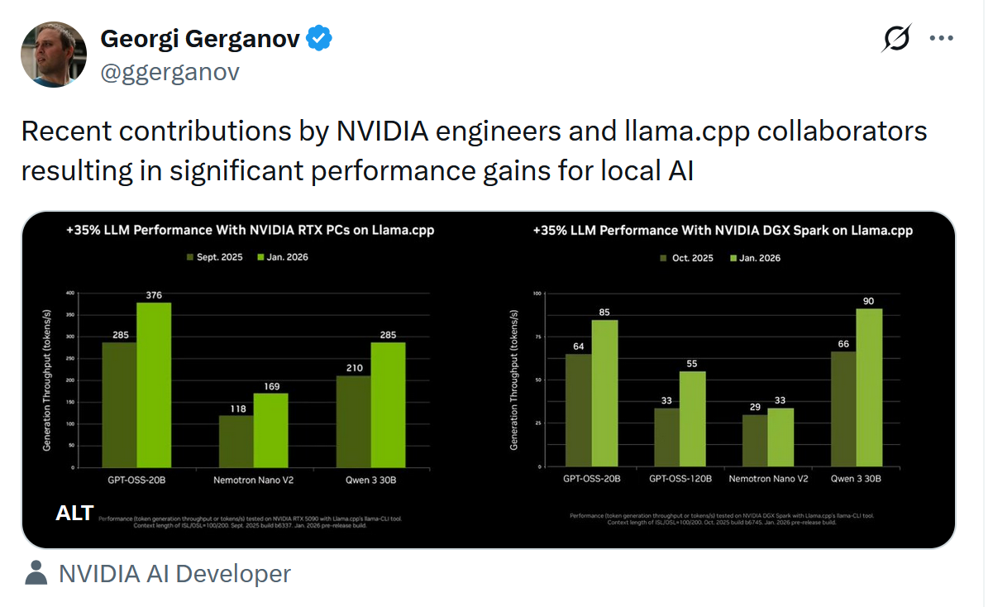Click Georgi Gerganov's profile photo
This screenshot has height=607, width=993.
coord(54,55)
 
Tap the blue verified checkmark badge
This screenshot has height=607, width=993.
coord(320,38)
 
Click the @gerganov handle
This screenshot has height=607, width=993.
coord(169,72)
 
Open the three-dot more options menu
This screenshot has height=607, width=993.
coord(942,38)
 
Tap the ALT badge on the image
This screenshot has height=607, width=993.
coord(74,513)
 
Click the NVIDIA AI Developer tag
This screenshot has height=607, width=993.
coord(174,573)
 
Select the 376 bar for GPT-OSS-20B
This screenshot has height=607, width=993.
coord(154,385)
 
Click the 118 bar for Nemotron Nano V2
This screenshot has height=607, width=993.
coord(236,442)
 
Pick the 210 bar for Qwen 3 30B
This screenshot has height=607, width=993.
coord(354,422)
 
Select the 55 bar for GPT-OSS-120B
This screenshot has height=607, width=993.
coord(693,418)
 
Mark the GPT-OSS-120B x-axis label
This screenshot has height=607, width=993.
coord(677,478)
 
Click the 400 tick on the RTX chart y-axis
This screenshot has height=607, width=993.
coord(69,293)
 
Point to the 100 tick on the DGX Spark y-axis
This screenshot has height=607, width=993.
coord(537,293)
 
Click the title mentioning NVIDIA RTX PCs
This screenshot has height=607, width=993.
coord(250,231)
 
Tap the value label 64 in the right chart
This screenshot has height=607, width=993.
coord(578,346)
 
